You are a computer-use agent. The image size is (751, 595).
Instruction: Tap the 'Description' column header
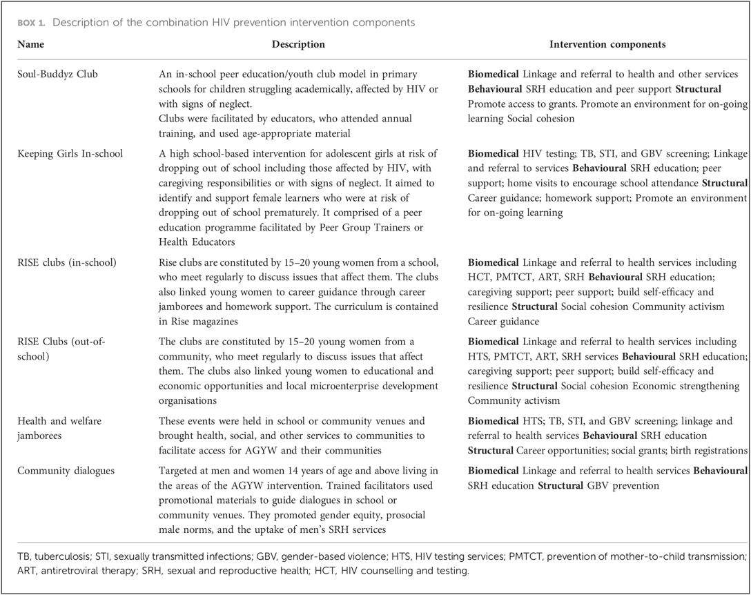pyautogui.click(x=298, y=44)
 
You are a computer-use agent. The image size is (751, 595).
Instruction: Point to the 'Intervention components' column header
pyautogui.click(x=607, y=44)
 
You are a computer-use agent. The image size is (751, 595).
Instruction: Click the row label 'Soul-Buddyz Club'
pyautogui.click(x=58, y=74)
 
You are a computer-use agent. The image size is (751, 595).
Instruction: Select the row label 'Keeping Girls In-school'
pyautogui.click(x=70, y=153)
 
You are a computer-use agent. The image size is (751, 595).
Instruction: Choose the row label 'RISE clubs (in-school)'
pyautogui.click(x=67, y=262)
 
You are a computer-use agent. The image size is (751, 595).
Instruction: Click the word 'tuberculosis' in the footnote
pyautogui.click(x=61, y=556)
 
